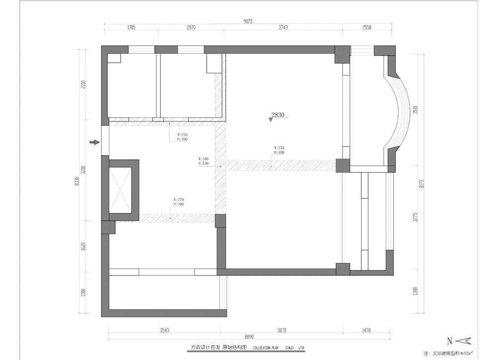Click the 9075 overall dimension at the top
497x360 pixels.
coord(248,21)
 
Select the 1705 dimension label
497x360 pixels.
coord(131,28)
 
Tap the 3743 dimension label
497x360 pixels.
coord(283,28)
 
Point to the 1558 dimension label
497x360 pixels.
coord(367,28)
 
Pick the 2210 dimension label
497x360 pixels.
coord(83,85)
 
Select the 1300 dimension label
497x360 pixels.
coord(83,293)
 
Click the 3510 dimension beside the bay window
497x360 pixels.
coord(415,109)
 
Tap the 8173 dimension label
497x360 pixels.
coord(422,183)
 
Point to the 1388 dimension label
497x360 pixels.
coord(415,291)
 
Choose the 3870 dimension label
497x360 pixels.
coord(282,330)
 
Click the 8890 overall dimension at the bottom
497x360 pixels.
coord(248,337)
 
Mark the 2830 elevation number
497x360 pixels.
coord(277,115)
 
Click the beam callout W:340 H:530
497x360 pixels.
coord(203,161)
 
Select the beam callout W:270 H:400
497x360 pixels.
coord(178,202)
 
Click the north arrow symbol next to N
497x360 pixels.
coord(463,341)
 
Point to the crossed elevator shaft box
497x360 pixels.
coord(120,190)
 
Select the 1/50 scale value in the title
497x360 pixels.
coord(301,348)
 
